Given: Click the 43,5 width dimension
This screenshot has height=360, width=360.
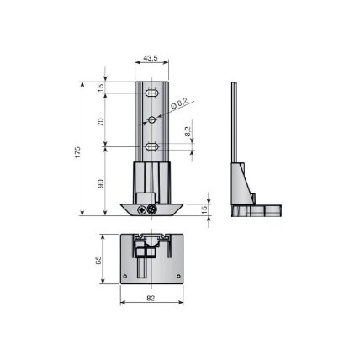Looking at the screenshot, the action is tap(151, 58).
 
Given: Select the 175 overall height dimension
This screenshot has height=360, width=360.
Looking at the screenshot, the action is tap(77, 152).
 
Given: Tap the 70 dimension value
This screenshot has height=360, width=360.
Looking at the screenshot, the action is tap(101, 122).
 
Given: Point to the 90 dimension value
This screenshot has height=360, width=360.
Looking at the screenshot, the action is tap(101, 183).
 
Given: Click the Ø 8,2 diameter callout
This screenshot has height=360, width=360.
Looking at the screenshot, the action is tap(179, 103).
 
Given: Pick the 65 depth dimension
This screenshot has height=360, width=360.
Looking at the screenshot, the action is tap(98, 260).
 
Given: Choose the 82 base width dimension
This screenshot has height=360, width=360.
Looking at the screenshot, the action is tap(151, 299).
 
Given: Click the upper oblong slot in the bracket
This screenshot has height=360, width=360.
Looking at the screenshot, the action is tap(151, 93).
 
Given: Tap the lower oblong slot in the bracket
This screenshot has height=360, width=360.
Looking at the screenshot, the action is tap(151, 146).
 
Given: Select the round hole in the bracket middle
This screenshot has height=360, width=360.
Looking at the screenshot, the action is tap(152, 119).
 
